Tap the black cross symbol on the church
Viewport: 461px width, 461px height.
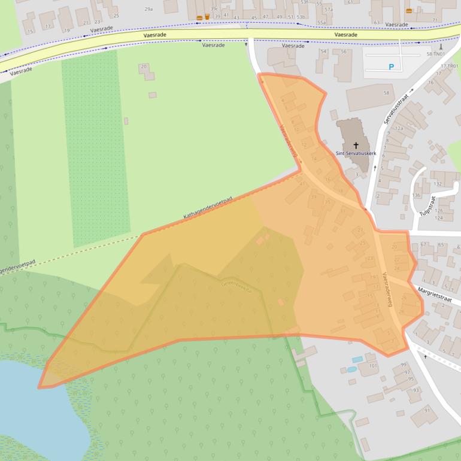pyautogui.click(x=356, y=145)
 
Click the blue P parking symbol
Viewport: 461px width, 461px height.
pyautogui.click(x=392, y=67)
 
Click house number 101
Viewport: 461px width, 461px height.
pyautogui.click(x=374, y=365)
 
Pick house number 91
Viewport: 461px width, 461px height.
pyautogui.click(x=427, y=410)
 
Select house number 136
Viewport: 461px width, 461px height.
pyautogui.click(x=416, y=195)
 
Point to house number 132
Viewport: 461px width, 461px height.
pyautogui.click(x=438, y=183)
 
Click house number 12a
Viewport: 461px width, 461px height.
pyautogui.click(x=399, y=128)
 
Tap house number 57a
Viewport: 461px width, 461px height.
pyautogui.click(x=329, y=10)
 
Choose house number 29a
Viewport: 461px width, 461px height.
pyautogui.click(x=149, y=9)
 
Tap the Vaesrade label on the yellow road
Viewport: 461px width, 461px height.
pyautogui.click(x=346, y=35)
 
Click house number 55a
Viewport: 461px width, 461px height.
pyautogui.click(x=322, y=22)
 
